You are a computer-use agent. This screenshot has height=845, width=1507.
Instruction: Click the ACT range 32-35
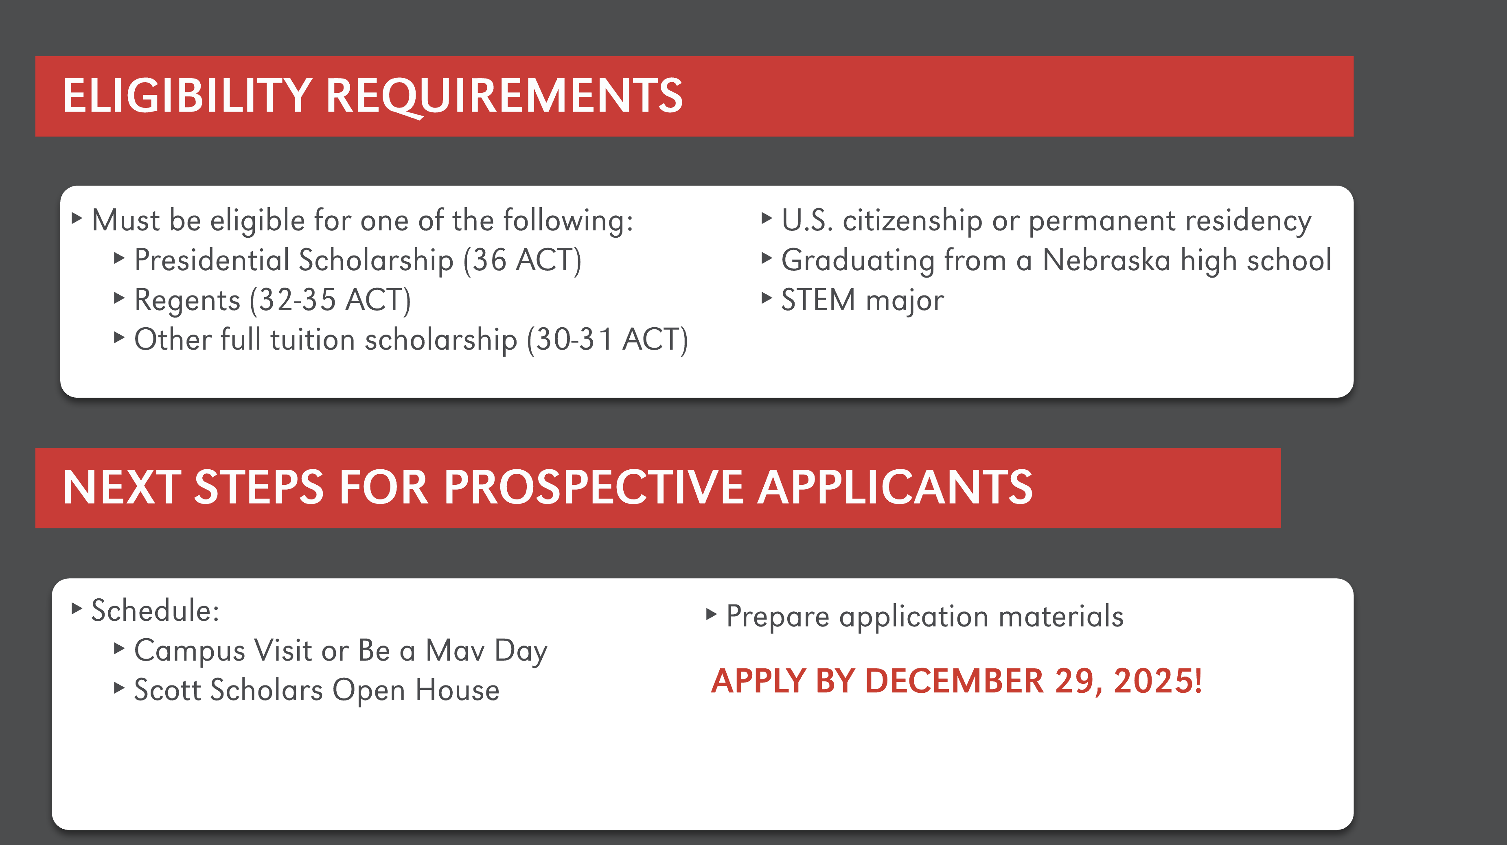pyautogui.click(x=297, y=300)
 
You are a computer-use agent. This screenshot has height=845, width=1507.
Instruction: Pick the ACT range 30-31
pyautogui.click(x=574, y=340)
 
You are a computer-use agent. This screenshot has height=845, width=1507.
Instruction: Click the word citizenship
pyautogui.click(x=912, y=221)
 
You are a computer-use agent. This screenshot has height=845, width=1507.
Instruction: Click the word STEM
pyautogui.click(x=818, y=300)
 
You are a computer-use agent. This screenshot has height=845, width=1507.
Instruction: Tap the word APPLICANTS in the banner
pyautogui.click(x=895, y=487)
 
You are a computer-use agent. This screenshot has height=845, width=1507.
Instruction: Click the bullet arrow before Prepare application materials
pyautogui.click(x=711, y=614)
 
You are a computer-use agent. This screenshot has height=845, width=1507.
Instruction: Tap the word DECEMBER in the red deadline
pyautogui.click(x=953, y=681)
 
